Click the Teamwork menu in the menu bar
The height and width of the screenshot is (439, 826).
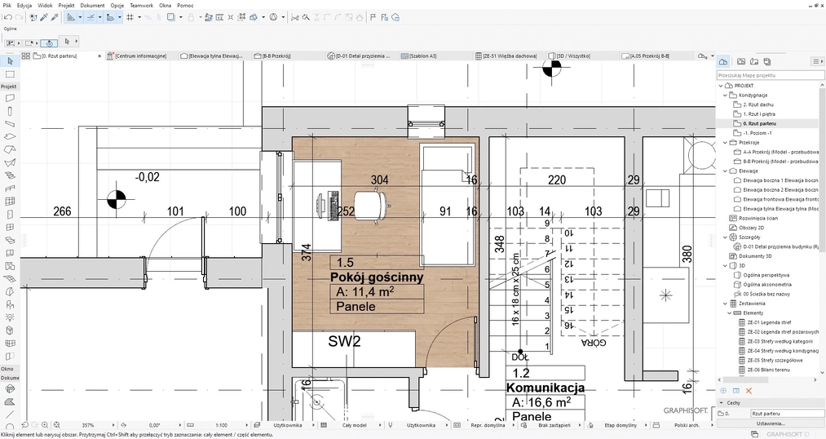tap(141, 5)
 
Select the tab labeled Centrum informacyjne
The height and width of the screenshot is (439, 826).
tap(140, 55)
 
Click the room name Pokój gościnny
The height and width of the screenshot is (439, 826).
tap(377, 277)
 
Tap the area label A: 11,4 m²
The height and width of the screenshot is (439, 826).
tap(366, 292)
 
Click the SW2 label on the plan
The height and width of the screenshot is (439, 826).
tap(344, 342)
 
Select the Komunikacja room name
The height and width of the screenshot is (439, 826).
tap(546, 388)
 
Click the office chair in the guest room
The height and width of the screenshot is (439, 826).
tap(371, 204)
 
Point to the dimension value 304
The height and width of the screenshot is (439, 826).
tap(379, 180)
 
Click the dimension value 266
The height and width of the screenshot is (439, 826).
tap(62, 212)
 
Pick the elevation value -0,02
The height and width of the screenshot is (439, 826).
tap(148, 177)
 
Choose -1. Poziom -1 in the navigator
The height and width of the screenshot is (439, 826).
tap(758, 132)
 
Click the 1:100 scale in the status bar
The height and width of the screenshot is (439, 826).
tap(221, 425)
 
